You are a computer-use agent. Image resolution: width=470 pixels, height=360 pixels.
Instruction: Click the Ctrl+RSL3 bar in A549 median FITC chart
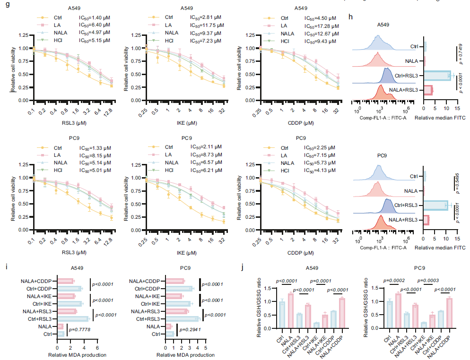437,76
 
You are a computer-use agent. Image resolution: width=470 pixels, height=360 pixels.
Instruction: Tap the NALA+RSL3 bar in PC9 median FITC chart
426,220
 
